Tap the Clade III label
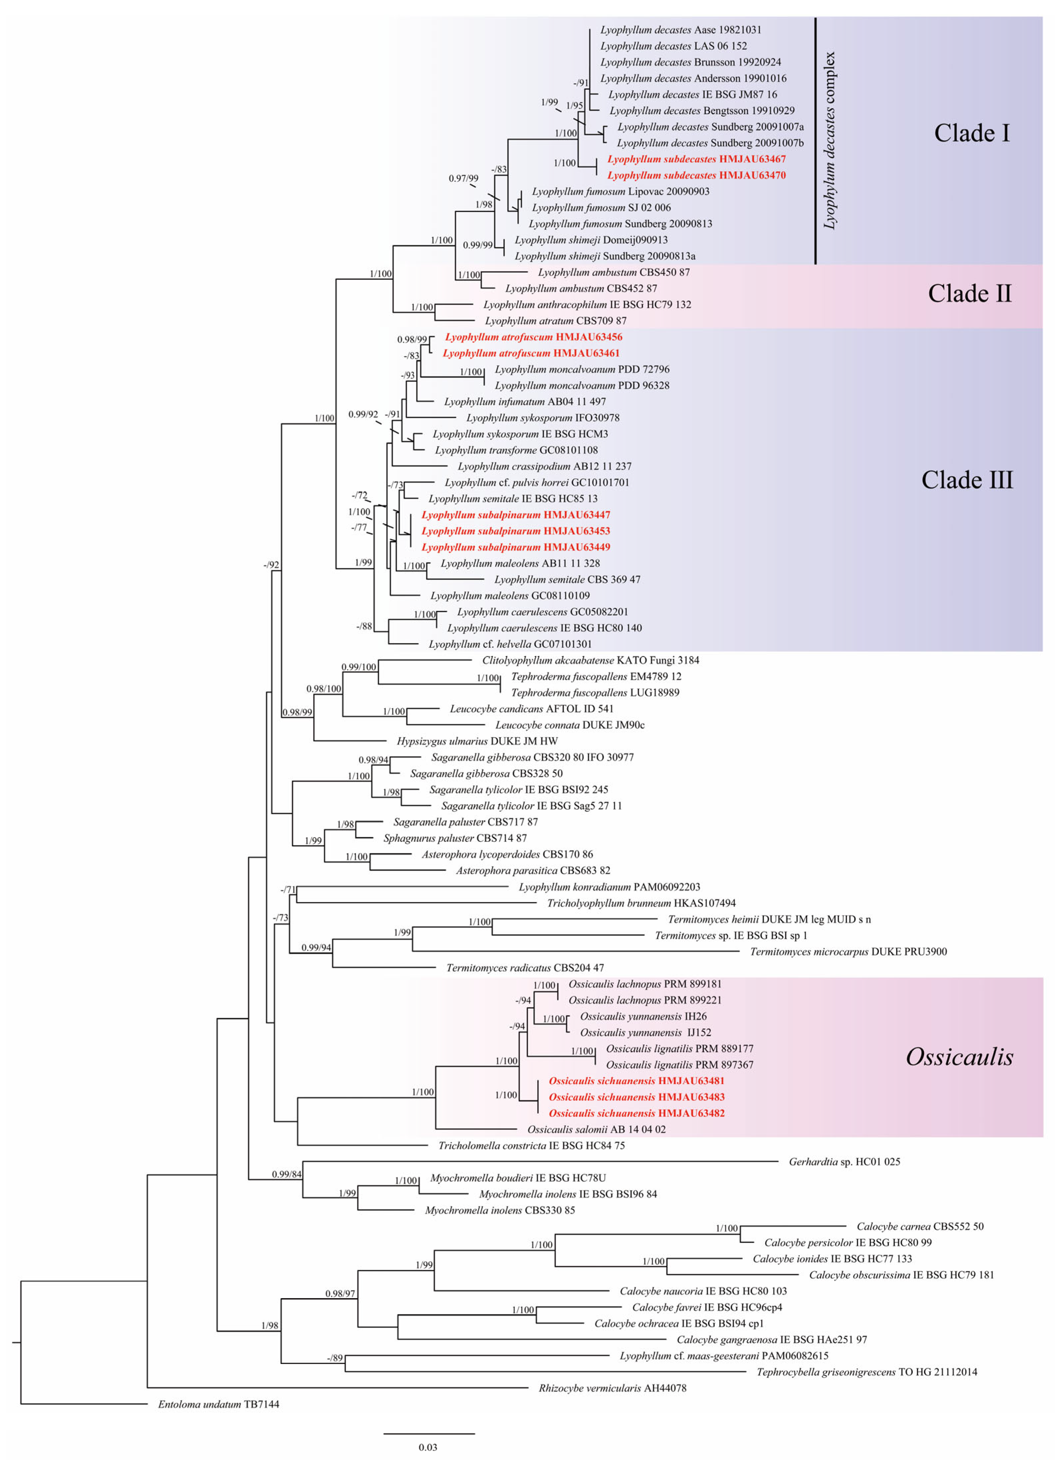point(967,480)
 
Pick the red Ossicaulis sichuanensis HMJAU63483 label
point(636,1097)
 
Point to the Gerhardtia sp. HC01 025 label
point(844,1162)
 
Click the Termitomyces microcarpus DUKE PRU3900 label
point(848,952)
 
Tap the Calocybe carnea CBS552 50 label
point(919,1226)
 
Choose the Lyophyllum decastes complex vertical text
point(829,141)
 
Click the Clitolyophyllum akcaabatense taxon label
point(590,660)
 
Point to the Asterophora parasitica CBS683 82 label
point(533,870)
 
